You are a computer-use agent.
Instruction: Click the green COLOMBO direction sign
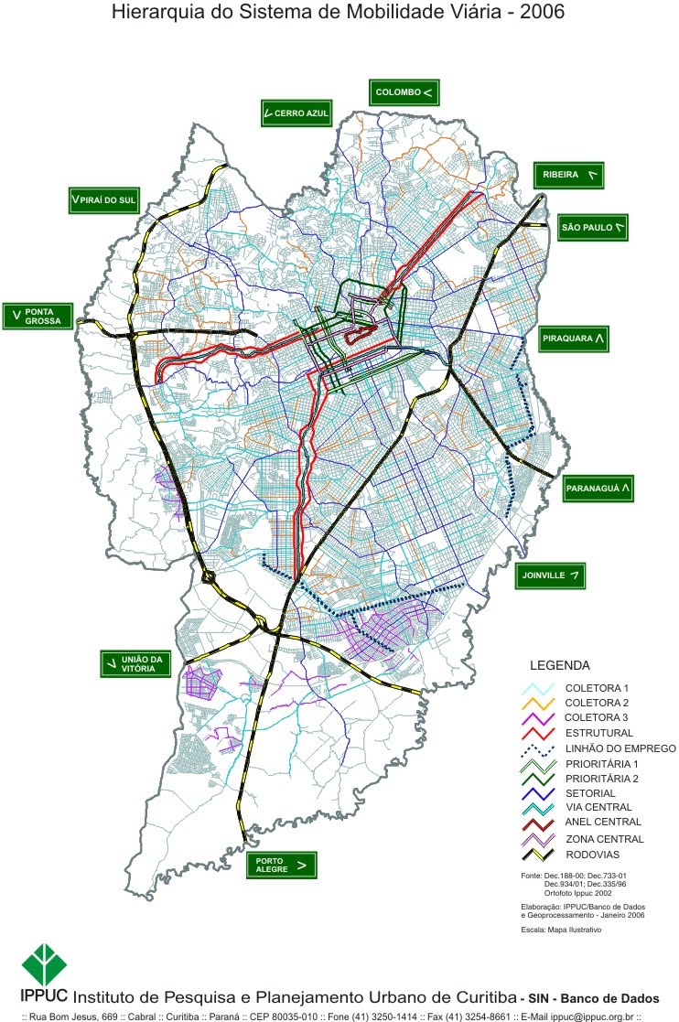click(x=405, y=92)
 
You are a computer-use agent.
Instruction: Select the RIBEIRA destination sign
click(x=568, y=175)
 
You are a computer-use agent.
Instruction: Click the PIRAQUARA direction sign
click(x=574, y=339)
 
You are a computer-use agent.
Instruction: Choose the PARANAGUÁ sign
click(x=598, y=489)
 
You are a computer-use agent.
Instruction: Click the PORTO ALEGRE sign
click(x=281, y=864)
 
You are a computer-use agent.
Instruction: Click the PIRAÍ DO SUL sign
click(x=102, y=200)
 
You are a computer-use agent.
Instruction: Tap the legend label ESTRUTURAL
click(x=598, y=733)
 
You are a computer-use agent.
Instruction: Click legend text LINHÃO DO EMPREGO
click(x=620, y=748)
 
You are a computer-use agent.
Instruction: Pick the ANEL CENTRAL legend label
click(x=603, y=823)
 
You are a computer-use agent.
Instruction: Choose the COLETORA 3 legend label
click(x=597, y=717)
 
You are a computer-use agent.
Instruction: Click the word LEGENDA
click(x=560, y=665)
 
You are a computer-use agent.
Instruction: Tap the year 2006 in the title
click(x=537, y=14)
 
